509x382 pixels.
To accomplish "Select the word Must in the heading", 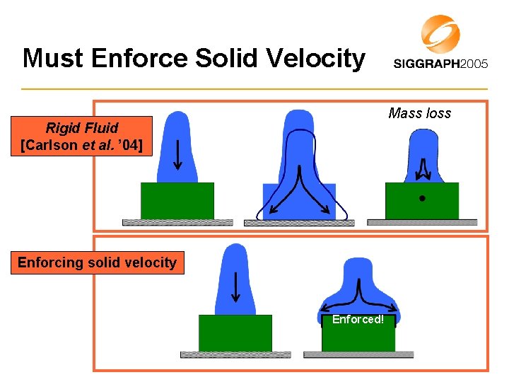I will click(x=52, y=58).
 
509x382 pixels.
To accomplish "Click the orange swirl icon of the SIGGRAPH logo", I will click(x=440, y=34).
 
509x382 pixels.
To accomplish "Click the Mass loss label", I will click(x=419, y=113).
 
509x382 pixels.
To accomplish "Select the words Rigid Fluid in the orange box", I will click(x=82, y=128).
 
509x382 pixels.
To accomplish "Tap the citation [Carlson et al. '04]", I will click(x=82, y=146).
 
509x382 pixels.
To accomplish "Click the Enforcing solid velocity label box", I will click(x=97, y=262).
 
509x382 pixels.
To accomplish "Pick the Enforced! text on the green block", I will click(x=358, y=320).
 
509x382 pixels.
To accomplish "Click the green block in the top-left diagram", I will click(x=177, y=201).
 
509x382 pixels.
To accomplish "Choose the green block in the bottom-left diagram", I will click(x=235, y=333).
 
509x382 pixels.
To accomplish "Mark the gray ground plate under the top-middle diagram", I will click(x=298, y=223).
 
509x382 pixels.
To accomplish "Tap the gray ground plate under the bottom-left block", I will click(x=235, y=354).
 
